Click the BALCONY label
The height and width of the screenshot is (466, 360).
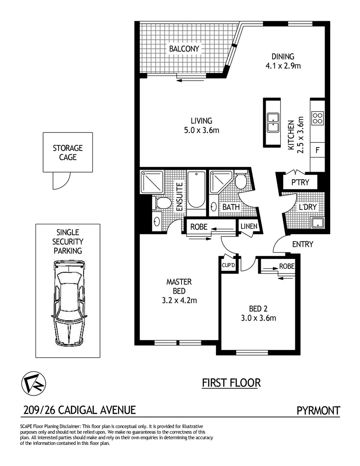click(184, 49)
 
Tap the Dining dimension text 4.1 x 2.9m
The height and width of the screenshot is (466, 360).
click(283, 66)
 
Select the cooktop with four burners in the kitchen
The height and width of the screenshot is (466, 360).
click(318, 118)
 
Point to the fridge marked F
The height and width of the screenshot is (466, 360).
click(318, 151)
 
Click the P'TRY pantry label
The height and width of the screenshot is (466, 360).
click(300, 182)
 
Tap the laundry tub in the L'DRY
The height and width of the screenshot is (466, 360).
click(318, 223)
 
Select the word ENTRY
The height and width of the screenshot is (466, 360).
click(302, 244)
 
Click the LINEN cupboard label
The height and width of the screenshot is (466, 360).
click(249, 226)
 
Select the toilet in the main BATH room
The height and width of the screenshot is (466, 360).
click(241, 181)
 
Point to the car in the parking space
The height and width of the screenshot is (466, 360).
click(69, 302)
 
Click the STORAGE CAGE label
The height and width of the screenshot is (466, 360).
click(68, 153)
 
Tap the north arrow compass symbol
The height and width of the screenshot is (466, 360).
click(34, 382)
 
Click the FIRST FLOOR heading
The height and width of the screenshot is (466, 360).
click(231, 382)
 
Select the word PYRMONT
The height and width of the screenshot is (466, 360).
click(319, 410)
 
